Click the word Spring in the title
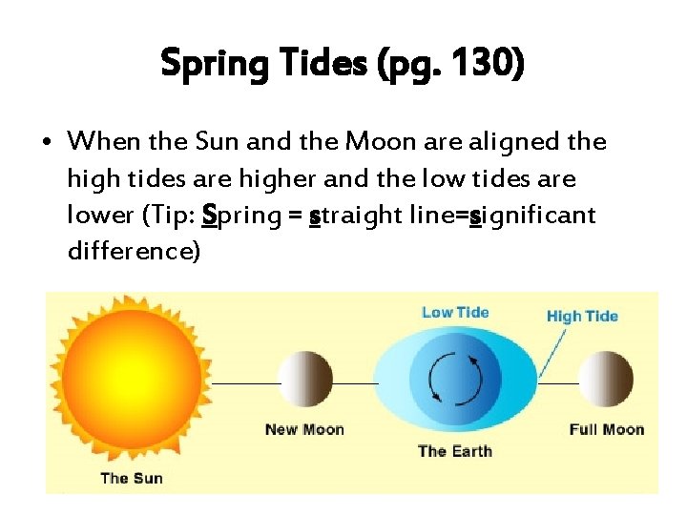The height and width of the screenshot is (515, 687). coord(211,64)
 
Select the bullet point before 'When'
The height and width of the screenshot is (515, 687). coord(47,143)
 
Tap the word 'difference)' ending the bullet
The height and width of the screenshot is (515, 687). coord(134,252)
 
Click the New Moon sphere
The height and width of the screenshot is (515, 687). coord(304,380)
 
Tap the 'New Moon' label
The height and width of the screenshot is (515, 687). coord(304,429)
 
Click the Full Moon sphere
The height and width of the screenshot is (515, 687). coord(607,380)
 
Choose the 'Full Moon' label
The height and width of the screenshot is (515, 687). coord(607,429)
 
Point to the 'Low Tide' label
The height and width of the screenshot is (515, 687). coord(455,312)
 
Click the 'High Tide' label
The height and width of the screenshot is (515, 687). coord(582,316)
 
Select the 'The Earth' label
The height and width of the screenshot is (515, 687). coord(455,450)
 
